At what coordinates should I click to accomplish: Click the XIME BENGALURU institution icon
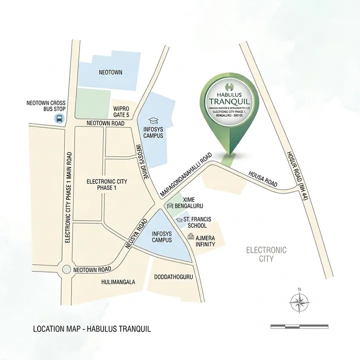pyautogui.click(x=170, y=206)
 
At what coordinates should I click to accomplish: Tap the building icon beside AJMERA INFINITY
pyautogui.click(x=190, y=237)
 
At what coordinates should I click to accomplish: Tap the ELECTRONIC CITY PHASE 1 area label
pyautogui.click(x=101, y=184)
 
